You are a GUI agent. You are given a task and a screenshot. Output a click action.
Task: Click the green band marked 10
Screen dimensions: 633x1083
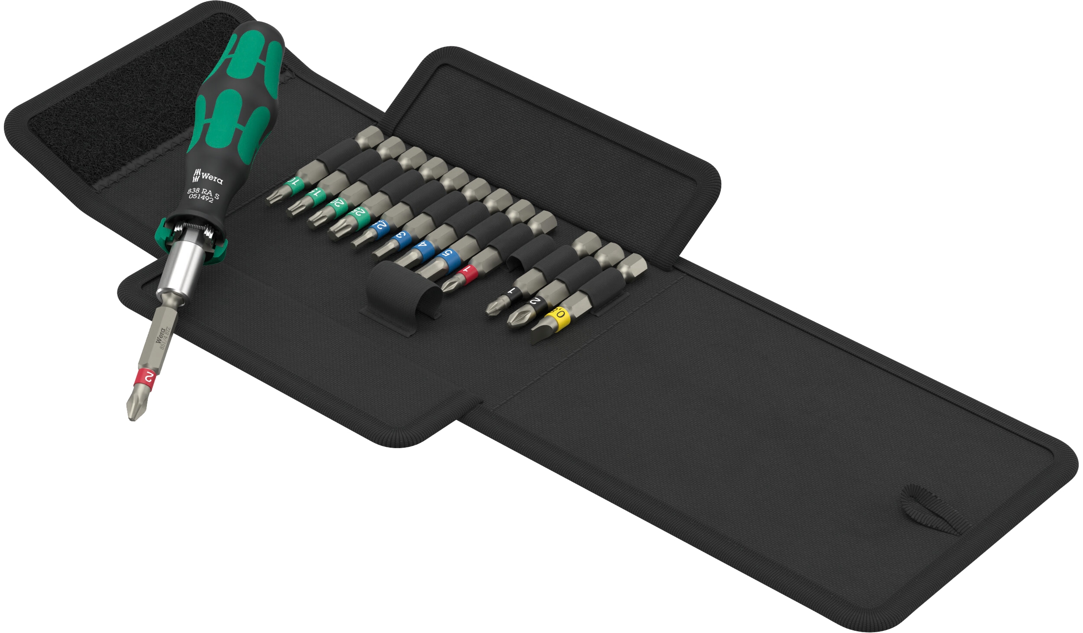pyautogui.click(x=295, y=183)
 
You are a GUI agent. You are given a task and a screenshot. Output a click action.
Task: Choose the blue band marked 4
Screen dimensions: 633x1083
pyautogui.click(x=422, y=249)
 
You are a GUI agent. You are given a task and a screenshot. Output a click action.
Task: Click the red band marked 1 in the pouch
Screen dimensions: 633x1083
pyautogui.click(x=467, y=271)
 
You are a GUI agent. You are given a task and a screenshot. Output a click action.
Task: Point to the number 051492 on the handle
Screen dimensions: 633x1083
pyautogui.click(x=201, y=198)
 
